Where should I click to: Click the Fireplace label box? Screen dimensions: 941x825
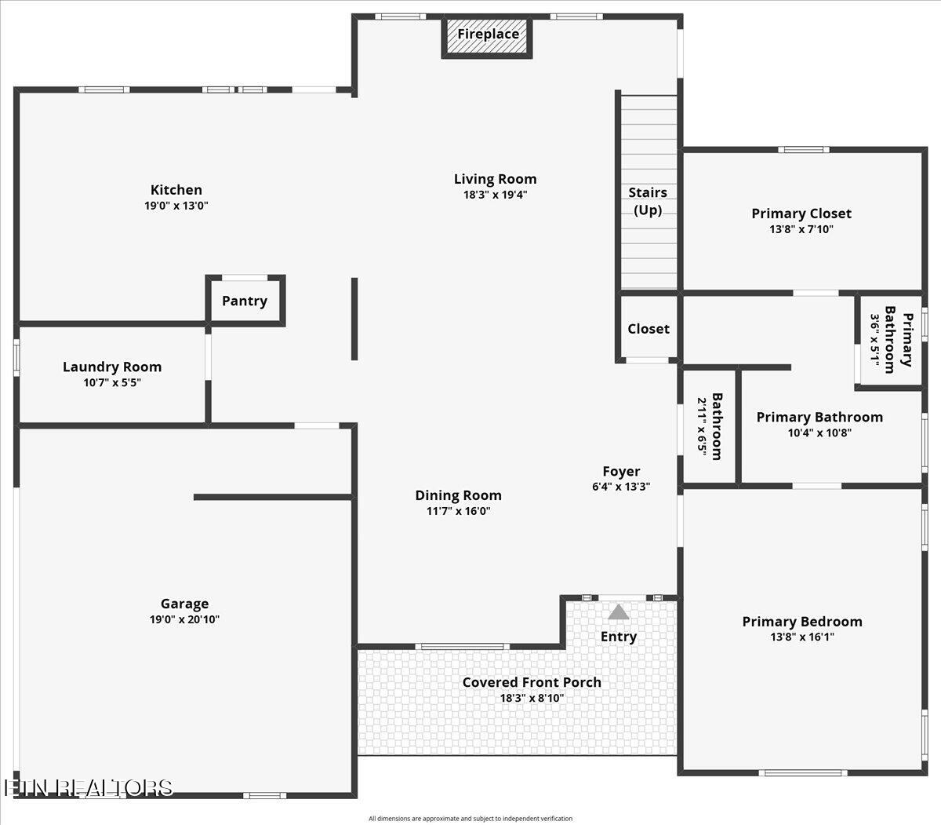pyautogui.click(x=487, y=37)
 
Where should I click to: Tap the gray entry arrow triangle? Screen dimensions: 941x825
pyautogui.click(x=618, y=612)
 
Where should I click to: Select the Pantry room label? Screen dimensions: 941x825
pyautogui.click(x=244, y=301)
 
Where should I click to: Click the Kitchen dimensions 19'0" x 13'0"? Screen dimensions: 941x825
pyautogui.click(x=176, y=206)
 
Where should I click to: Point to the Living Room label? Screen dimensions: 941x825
pyautogui.click(x=496, y=179)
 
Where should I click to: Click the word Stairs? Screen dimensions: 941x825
pyautogui.click(x=648, y=192)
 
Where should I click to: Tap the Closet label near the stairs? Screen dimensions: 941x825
pyautogui.click(x=649, y=329)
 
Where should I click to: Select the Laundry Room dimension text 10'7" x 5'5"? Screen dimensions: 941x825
pyautogui.click(x=112, y=382)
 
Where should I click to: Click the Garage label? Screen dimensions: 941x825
pyautogui.click(x=184, y=604)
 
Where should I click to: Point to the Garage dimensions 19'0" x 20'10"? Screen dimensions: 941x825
pyautogui.click(x=184, y=619)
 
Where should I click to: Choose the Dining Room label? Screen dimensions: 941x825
pyautogui.click(x=458, y=495)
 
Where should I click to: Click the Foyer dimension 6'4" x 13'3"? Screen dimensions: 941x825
pyautogui.click(x=621, y=487)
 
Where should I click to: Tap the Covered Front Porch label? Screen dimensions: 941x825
pyautogui.click(x=532, y=682)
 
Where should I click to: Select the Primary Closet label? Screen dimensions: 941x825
pyautogui.click(x=801, y=214)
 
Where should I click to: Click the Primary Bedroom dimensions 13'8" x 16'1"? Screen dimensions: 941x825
pyautogui.click(x=802, y=637)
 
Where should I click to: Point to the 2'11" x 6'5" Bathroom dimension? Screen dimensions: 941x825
pyautogui.click(x=702, y=427)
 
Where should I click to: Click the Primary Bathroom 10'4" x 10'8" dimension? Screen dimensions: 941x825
pyautogui.click(x=819, y=433)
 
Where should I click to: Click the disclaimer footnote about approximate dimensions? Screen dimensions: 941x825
pyautogui.click(x=470, y=819)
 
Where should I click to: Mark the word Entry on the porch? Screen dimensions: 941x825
pyautogui.click(x=619, y=637)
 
